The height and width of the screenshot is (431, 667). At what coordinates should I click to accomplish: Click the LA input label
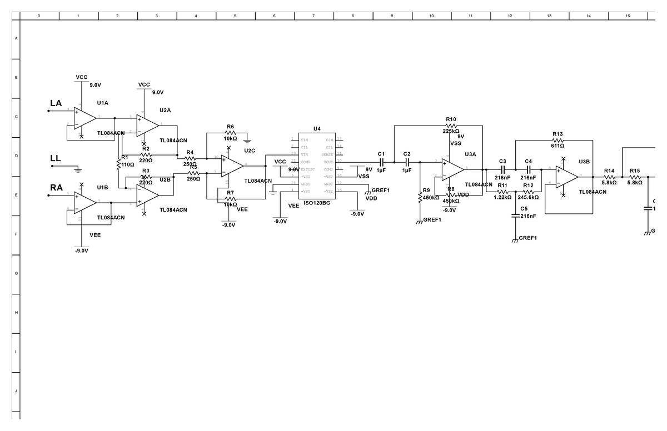point(56,103)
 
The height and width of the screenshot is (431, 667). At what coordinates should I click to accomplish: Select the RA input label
point(56,188)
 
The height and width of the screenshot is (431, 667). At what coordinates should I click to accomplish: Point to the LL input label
point(55,158)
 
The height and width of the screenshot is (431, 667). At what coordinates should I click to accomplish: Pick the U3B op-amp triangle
point(566,177)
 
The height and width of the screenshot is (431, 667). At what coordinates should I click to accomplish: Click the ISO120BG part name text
point(317,204)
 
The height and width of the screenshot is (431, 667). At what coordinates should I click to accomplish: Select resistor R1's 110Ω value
point(128,165)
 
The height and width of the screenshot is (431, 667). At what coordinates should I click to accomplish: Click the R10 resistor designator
point(451,119)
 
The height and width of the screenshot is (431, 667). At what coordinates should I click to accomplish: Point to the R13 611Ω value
point(558,146)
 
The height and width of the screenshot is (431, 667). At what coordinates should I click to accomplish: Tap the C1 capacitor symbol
point(381,162)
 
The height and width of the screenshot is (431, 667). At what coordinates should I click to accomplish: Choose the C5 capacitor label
point(524,208)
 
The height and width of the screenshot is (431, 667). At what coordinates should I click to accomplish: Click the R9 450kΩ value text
point(431,198)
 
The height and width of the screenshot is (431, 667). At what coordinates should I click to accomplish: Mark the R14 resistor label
point(609,171)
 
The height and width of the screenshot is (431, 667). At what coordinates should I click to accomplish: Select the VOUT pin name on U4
point(328,162)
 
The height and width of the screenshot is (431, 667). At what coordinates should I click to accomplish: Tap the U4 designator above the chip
point(316,129)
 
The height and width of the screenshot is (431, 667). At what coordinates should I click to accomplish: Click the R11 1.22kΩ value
point(502,197)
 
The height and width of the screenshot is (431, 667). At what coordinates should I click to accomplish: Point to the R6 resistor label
point(230,127)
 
